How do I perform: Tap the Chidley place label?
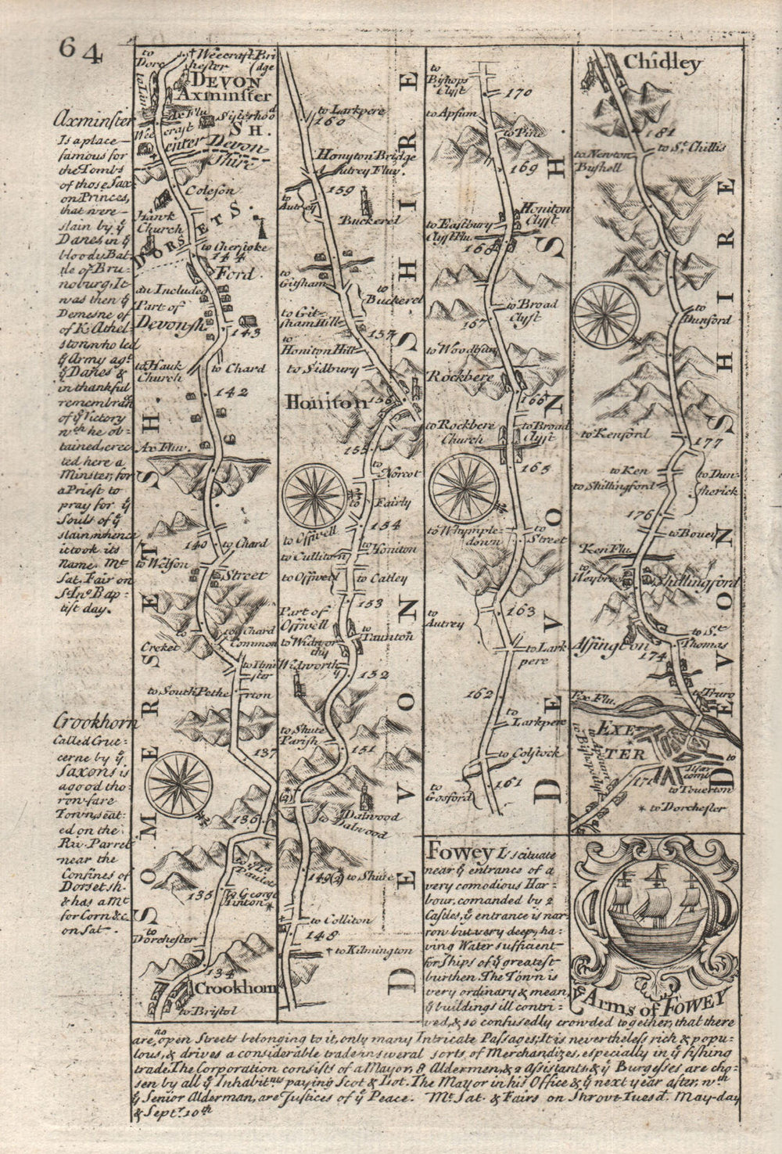pyautogui.click(x=662, y=64)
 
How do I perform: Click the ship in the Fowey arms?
pyautogui.click(x=654, y=912)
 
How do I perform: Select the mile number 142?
pyautogui.click(x=232, y=392)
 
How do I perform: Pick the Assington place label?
pyautogui.click(x=604, y=648)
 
